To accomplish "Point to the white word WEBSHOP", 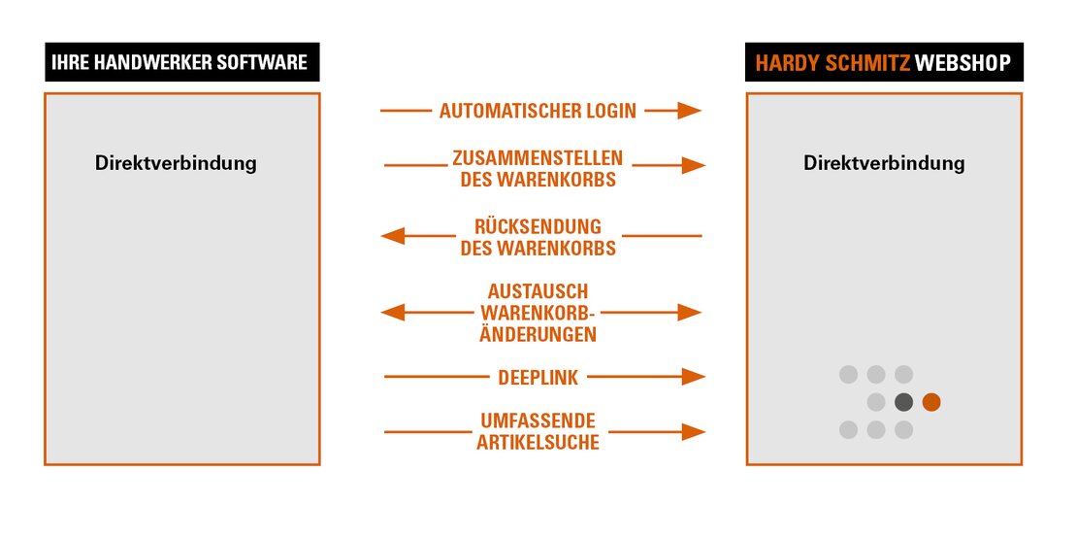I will pos(963,65).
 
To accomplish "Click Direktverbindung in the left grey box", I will pos(176,163).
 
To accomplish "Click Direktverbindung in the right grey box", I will pos(884,163).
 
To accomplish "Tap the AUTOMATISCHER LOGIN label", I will pos(538,112).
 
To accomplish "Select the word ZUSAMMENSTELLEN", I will pos(538,157).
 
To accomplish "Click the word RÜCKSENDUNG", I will pos(538,226).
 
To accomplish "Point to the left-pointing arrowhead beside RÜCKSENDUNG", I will pos(392,236).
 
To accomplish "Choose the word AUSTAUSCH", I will pos(538,291).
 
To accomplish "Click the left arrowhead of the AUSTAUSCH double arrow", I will pos(392,313).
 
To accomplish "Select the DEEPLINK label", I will pos(538,377).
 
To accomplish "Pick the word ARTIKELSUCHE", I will pos(538,443).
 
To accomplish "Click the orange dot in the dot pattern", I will pos(931,402).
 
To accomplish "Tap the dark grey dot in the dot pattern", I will pos(903,402).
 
